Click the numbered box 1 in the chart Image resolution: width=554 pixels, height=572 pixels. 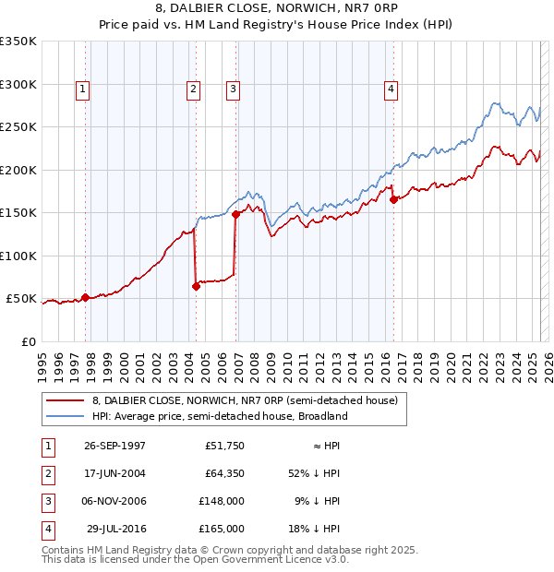point(83,89)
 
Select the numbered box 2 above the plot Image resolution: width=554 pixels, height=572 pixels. point(193,89)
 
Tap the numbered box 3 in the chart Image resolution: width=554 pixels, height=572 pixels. point(233,89)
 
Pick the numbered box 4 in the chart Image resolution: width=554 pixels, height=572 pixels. point(391,89)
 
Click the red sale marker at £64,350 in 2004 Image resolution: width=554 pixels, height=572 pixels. point(197,287)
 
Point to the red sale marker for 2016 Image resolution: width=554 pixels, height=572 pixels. point(394,199)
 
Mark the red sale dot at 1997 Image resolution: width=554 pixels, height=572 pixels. point(86,297)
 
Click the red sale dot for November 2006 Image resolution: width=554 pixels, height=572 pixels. point(235,214)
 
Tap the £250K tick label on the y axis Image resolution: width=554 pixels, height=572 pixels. point(18,127)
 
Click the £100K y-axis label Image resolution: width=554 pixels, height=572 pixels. point(18,256)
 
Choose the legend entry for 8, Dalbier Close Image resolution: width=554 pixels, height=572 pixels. point(245,401)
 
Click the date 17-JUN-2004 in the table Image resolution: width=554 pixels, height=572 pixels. point(114,474)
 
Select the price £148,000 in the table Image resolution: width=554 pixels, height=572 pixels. point(223,501)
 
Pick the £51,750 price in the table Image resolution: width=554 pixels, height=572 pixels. point(224,446)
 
